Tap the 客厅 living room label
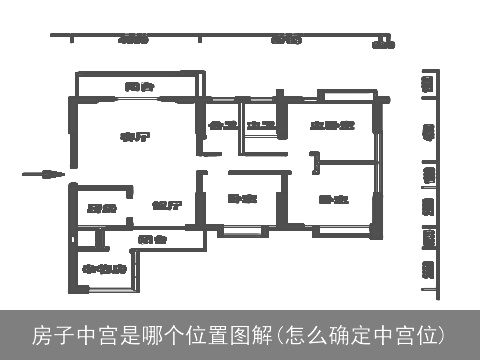(128, 136)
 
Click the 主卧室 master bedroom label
(333, 126)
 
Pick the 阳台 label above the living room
(139, 87)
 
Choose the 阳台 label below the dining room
(152, 239)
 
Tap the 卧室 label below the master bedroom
(333, 200)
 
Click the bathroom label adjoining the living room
(222, 126)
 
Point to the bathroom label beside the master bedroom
(261, 126)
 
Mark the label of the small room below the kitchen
(103, 269)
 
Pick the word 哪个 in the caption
(152, 333)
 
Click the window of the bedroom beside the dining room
(240, 233)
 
